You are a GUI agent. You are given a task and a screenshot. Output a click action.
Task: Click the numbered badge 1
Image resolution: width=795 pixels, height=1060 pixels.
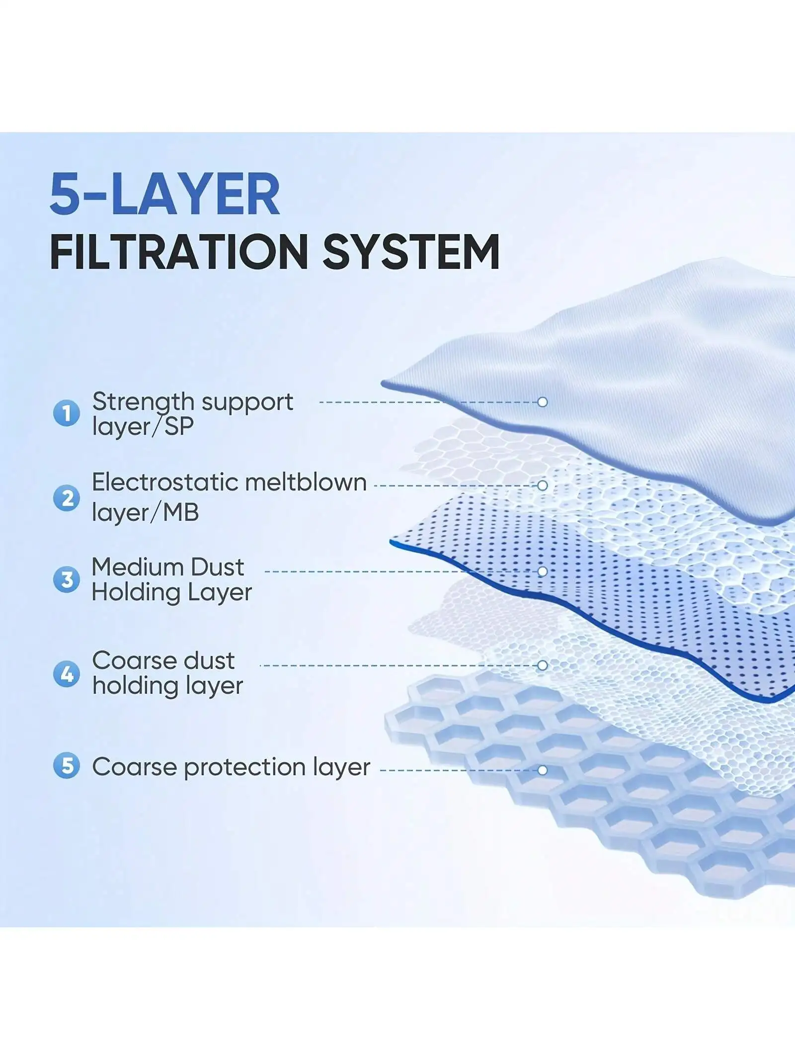pos(67,413)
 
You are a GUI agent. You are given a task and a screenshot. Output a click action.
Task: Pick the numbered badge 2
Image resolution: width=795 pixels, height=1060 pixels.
pos(67,498)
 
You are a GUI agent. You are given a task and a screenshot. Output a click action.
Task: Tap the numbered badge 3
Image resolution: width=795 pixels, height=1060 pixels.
pos(67,579)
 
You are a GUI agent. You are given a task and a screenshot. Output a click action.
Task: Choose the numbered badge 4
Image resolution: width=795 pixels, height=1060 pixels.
pos(67,674)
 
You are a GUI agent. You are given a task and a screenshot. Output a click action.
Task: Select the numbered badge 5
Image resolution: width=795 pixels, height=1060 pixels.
pos(67,766)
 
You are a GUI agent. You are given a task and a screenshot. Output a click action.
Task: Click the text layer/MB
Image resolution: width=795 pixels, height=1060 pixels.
pos(146,513)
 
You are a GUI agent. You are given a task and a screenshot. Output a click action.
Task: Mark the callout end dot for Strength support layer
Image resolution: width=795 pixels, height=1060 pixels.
pos(543,402)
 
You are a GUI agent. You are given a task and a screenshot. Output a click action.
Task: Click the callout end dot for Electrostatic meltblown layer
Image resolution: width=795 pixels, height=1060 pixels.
pos(543,485)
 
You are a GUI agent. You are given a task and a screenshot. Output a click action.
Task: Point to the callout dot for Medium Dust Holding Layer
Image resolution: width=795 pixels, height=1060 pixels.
pos(543,571)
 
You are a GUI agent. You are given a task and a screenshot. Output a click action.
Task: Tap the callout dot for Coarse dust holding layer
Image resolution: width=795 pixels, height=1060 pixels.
pos(543,665)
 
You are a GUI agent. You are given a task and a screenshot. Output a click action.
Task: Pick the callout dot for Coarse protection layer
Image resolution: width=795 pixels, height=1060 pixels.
pos(543,770)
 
